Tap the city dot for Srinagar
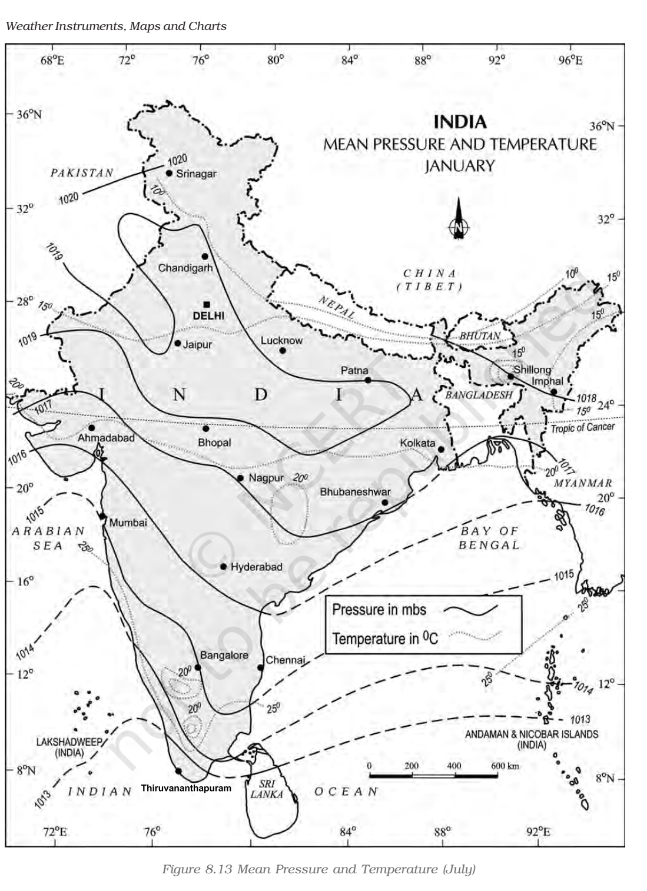[169, 173]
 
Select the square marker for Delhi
[206, 304]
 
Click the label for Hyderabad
[256, 567]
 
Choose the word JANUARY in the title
[459, 166]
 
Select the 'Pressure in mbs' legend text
[379, 609]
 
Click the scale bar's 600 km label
[505, 766]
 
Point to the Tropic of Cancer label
[582, 427]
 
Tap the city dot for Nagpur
[240, 478]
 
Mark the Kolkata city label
[417, 443]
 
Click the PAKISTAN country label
[82, 173]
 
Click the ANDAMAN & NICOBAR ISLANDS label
[531, 739]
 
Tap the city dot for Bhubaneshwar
[384, 502]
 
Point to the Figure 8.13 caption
[318, 869]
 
